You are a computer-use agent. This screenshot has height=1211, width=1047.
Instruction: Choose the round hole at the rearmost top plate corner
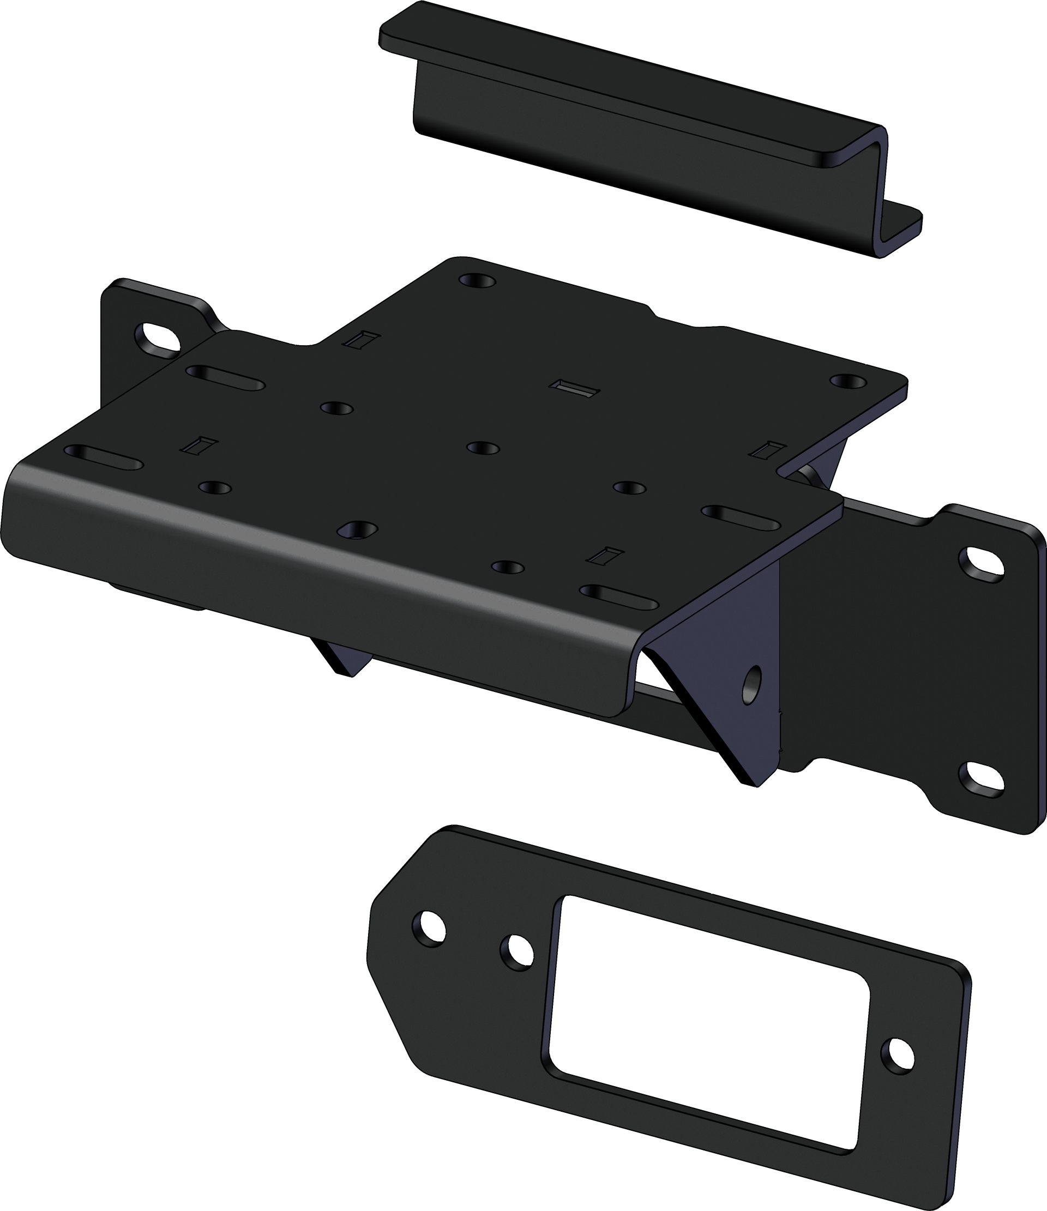point(477,281)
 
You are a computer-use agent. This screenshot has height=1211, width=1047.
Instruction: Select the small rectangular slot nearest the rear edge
point(362,340)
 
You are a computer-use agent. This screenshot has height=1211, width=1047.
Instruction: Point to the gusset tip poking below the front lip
point(345,660)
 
